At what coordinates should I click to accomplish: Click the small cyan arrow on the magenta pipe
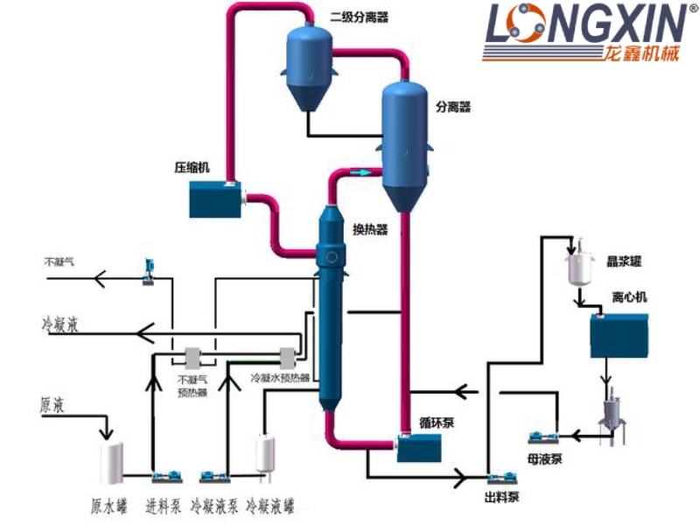pyautogui.click(x=361, y=173)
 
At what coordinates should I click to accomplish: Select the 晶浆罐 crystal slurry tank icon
pyautogui.click(x=577, y=267)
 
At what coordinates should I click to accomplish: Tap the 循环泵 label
pyautogui.click(x=437, y=421)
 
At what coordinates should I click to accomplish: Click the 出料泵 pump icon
pyautogui.click(x=500, y=477)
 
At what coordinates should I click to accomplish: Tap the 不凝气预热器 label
pyautogui.click(x=192, y=386)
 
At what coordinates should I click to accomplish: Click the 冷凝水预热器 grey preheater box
pyautogui.click(x=286, y=357)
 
